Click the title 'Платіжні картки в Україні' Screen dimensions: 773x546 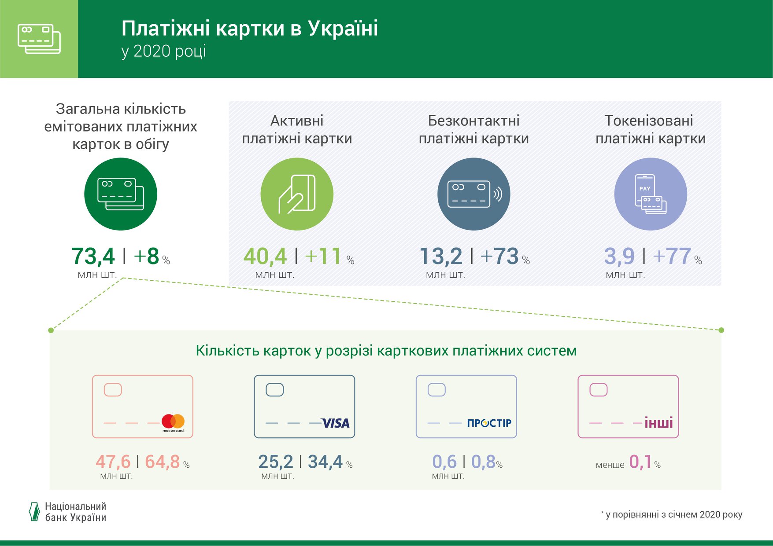(x=250, y=28)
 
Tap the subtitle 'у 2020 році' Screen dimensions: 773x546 (x=164, y=51)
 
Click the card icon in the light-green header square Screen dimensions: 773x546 (x=39, y=39)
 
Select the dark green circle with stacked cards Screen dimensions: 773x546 (x=121, y=194)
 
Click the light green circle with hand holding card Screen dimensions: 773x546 (x=297, y=194)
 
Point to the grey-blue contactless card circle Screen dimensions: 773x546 (x=473, y=194)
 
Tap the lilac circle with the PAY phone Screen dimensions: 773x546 (x=651, y=194)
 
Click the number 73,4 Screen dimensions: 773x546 (x=93, y=257)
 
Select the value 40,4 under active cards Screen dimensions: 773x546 (x=265, y=257)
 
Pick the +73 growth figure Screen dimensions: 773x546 (x=499, y=257)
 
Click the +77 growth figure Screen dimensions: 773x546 (x=672, y=257)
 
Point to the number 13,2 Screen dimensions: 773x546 (x=441, y=257)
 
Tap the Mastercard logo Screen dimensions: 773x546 (x=173, y=423)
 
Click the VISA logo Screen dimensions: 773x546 (x=336, y=423)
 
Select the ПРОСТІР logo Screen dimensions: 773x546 (x=489, y=423)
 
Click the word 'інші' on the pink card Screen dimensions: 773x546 (x=659, y=423)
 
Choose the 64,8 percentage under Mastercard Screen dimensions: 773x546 (x=163, y=462)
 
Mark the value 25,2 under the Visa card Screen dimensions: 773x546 (x=276, y=462)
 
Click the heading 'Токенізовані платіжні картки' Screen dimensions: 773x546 (x=651, y=129)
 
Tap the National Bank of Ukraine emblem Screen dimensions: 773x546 (x=34, y=512)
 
